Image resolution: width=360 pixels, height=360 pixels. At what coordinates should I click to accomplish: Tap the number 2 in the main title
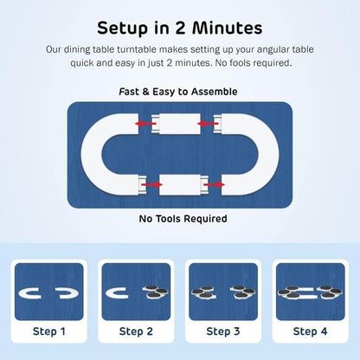click(181, 28)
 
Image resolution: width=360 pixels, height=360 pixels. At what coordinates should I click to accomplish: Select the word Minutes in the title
click(228, 28)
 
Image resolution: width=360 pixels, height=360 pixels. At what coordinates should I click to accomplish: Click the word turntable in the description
click(137, 49)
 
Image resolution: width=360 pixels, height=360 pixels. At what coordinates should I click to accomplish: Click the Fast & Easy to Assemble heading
click(178, 92)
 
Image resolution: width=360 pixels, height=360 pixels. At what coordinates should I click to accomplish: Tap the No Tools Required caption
click(183, 219)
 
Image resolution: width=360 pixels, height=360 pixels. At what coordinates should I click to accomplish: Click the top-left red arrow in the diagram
click(145, 124)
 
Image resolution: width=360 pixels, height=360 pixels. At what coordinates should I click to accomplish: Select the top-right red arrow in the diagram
click(208, 124)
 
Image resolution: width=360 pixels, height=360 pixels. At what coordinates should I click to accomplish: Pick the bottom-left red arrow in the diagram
click(152, 184)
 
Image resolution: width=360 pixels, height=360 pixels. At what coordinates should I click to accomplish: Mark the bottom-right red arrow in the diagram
click(215, 184)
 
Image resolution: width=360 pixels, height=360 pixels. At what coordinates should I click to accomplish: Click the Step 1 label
click(49, 331)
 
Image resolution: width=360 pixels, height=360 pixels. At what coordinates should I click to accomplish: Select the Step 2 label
click(136, 331)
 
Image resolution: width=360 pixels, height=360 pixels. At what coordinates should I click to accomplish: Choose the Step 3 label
click(223, 331)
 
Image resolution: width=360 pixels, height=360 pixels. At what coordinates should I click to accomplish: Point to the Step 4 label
click(310, 331)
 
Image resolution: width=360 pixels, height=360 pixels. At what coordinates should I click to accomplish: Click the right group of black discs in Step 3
click(243, 292)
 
